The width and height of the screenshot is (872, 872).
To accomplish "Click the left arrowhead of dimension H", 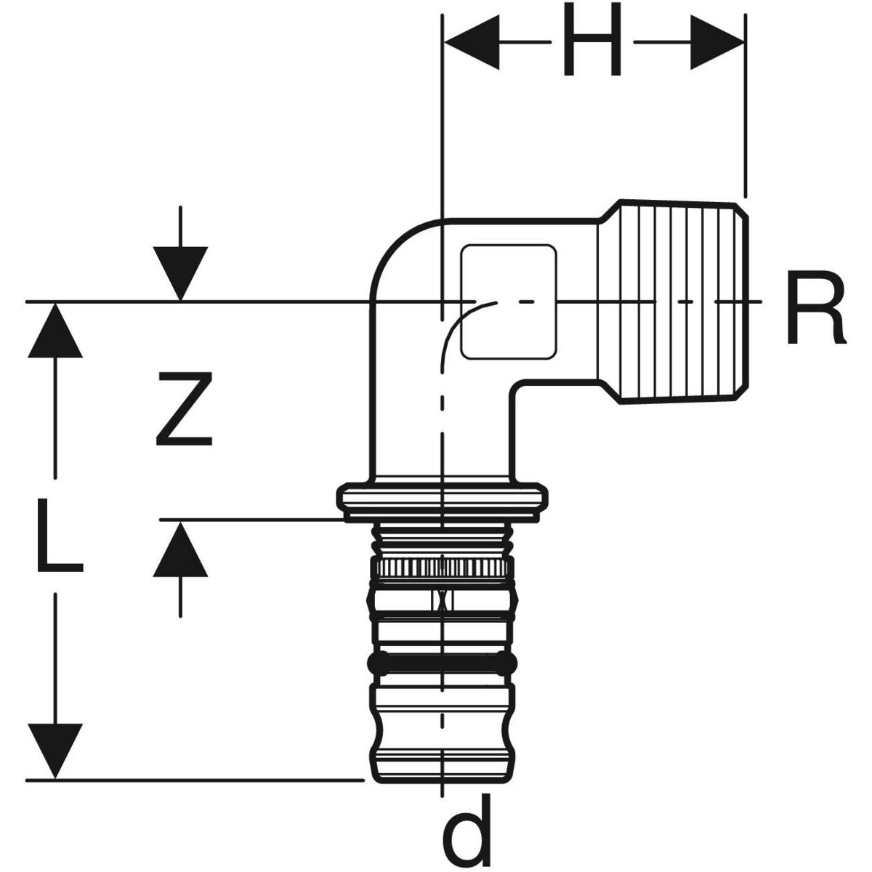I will pyautogui.click(x=472, y=43).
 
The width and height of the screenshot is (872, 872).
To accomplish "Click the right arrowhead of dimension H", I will pyautogui.click(x=716, y=43).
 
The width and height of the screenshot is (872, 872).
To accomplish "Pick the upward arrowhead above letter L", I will pyautogui.click(x=54, y=331).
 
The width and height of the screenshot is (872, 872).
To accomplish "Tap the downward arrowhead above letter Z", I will pyautogui.click(x=180, y=272).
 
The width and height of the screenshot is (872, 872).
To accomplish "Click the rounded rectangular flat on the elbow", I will pyautogui.click(x=509, y=302).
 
